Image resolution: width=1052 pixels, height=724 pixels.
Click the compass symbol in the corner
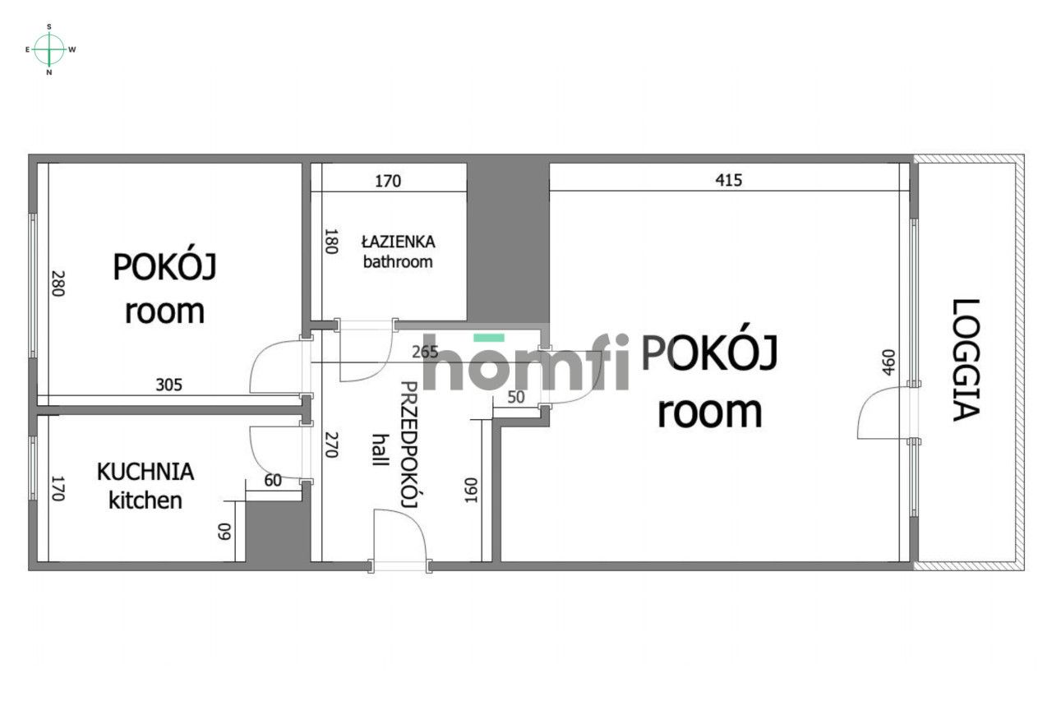point(50,49)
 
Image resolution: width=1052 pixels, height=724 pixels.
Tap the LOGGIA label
point(967,360)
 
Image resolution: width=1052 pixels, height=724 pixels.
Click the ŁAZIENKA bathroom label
point(398,251)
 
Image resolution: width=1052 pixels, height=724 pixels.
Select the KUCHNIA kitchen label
point(145,486)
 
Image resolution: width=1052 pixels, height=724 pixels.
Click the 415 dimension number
point(728,180)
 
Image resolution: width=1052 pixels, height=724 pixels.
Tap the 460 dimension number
point(887,362)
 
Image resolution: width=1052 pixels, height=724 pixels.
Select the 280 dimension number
point(57,284)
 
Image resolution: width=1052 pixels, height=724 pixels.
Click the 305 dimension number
point(169,383)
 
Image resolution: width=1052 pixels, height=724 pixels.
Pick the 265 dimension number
point(424,353)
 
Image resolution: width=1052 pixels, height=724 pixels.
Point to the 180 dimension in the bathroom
point(330,242)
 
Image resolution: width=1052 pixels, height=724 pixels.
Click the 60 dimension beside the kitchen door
point(272,480)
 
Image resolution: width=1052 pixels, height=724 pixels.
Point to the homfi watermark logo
point(526,362)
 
